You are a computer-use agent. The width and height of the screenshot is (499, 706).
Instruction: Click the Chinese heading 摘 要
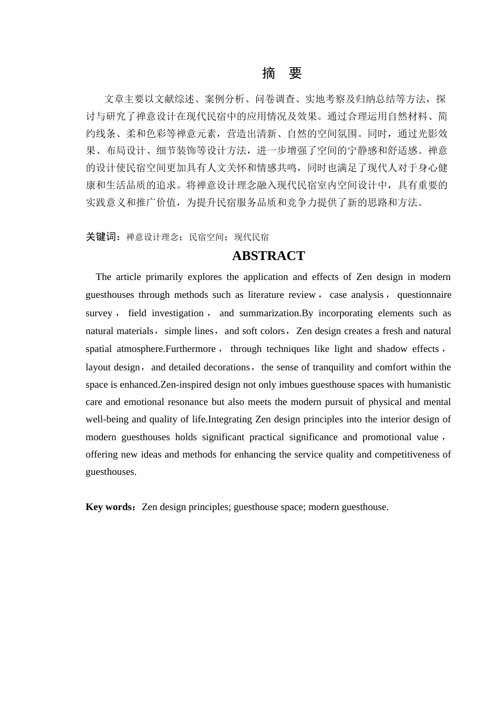click(x=282, y=73)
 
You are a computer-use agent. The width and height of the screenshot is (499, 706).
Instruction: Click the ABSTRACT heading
click(x=268, y=256)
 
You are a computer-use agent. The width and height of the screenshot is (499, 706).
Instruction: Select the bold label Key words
click(x=109, y=507)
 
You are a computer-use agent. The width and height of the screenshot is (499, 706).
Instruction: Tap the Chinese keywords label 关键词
click(x=103, y=237)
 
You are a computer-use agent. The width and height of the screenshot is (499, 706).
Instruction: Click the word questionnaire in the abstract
click(x=424, y=295)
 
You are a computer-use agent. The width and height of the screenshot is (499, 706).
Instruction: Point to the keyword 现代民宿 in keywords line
click(x=251, y=237)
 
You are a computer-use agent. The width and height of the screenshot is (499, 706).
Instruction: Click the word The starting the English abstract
click(x=103, y=277)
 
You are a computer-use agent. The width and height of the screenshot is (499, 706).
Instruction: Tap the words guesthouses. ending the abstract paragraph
click(x=111, y=472)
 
